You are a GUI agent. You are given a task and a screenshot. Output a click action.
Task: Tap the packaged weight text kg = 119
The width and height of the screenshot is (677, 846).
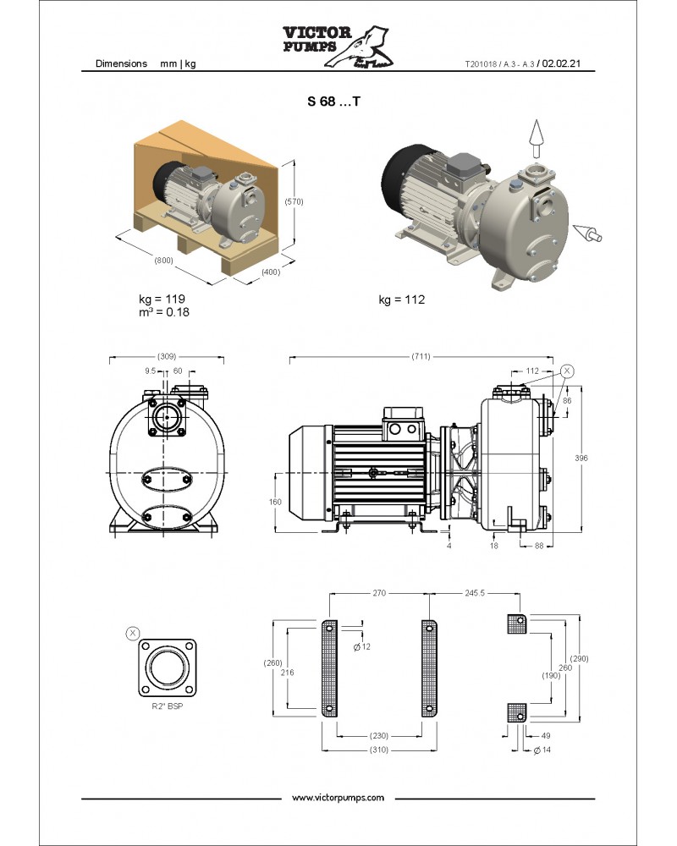[x=162, y=299]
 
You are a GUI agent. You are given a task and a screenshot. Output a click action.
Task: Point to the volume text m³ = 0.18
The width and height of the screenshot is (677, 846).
[x=164, y=312]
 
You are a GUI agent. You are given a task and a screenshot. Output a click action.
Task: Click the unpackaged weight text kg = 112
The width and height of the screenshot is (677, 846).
[x=401, y=299]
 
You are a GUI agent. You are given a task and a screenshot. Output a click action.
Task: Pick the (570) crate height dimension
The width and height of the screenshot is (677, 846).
[x=294, y=201]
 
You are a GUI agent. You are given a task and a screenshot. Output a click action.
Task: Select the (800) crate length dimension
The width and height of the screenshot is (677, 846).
[x=163, y=261]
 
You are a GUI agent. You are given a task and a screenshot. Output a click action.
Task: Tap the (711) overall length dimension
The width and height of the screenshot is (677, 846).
[x=419, y=356]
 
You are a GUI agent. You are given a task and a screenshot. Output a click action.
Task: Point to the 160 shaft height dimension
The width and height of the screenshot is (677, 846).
[x=275, y=501]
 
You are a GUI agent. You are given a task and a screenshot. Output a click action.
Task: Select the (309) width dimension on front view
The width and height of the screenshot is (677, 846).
[x=168, y=356]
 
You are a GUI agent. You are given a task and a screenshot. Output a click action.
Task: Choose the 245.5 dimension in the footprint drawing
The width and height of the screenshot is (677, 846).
[x=475, y=593]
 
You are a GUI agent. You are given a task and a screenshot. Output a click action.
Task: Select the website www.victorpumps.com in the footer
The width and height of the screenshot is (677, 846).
[x=338, y=798]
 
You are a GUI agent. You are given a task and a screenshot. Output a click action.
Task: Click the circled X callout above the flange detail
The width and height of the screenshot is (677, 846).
[x=132, y=632]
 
